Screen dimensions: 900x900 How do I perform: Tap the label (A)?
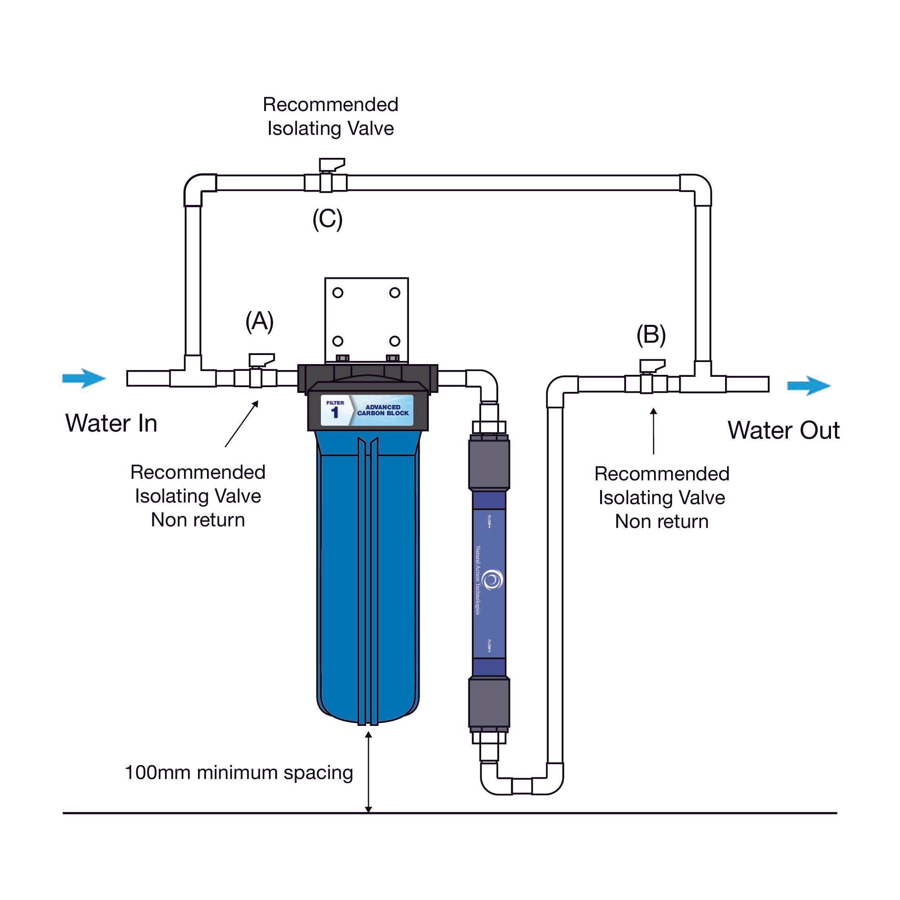tap(259, 321)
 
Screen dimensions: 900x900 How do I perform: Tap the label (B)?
tap(651, 334)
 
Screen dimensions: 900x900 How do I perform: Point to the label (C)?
tap(328, 219)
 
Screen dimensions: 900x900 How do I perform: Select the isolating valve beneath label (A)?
tap(256, 377)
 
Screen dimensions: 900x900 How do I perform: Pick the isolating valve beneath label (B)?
tap(646, 384)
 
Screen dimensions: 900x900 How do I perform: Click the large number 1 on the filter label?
tap(334, 412)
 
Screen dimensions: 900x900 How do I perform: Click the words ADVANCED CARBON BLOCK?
tap(383, 410)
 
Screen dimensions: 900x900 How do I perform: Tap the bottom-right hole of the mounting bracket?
tap(395, 341)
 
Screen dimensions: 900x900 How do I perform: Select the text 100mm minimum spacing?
tap(238, 773)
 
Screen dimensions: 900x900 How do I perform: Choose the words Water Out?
tap(783, 430)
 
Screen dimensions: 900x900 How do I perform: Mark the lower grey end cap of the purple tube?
tap(489, 702)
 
